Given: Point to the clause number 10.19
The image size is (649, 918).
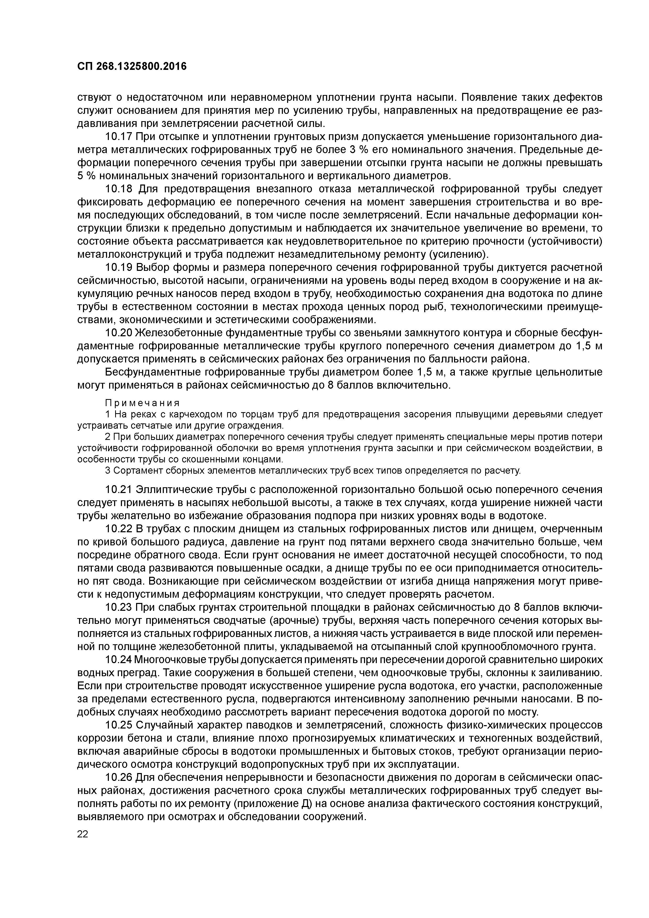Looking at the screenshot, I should pos(118,267).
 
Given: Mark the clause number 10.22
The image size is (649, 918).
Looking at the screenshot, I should pos(118,529).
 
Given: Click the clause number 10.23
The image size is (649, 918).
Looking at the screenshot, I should pos(118,607).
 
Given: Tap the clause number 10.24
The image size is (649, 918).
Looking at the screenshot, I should pos(118,660).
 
